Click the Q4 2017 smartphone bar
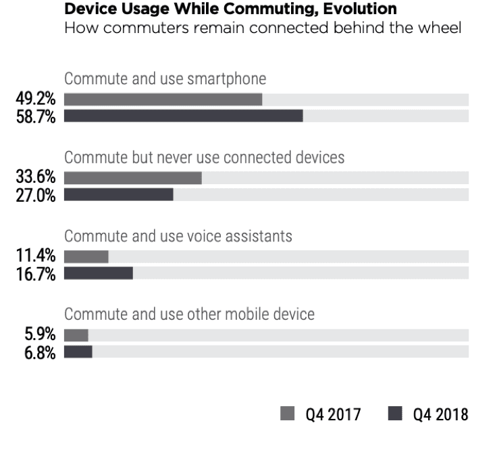click(163, 100)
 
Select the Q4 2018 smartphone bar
click(184, 116)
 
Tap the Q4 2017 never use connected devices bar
click(133, 178)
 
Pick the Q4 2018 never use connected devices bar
click(119, 194)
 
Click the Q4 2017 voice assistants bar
click(86, 257)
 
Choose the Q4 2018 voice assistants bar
click(99, 273)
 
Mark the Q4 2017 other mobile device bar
click(76, 335)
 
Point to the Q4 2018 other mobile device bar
click(78, 351)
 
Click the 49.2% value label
click(36, 98)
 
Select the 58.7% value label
click(36, 117)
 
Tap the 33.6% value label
click(36, 177)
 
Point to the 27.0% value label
click(36, 196)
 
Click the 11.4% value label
click(36, 256)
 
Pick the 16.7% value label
click(36, 274)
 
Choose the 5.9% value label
click(40, 334)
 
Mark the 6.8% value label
click(40, 353)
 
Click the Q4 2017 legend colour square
click(287, 414)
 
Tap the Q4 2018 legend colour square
click(395, 414)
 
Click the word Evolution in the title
click(360, 9)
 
